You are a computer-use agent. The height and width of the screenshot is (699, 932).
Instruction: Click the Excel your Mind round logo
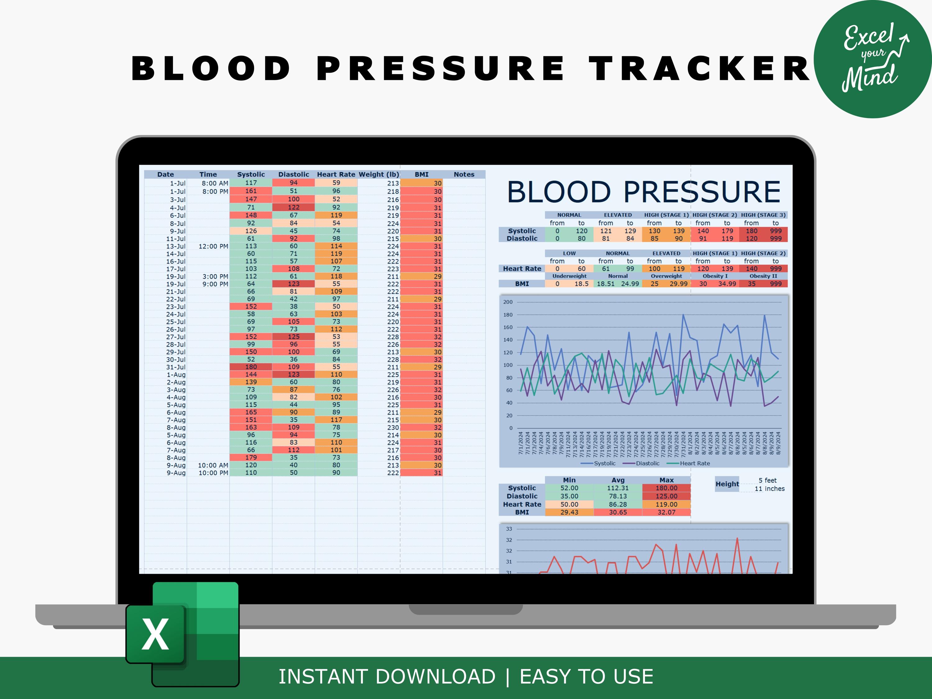pos(872,59)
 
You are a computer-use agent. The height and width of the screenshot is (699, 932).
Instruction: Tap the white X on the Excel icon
pos(155,634)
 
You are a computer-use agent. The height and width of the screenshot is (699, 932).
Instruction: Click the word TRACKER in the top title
pos(699,68)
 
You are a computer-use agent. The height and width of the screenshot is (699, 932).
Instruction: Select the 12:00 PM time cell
pos(213,246)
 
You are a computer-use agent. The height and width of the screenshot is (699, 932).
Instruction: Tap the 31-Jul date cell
pos(176,367)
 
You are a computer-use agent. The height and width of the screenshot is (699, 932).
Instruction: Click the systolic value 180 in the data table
pos(251,367)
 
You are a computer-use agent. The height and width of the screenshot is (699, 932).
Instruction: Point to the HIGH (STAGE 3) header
pos(763,215)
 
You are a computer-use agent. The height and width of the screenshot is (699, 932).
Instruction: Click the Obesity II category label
pos(763,276)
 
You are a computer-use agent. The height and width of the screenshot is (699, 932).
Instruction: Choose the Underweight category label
pos(569,276)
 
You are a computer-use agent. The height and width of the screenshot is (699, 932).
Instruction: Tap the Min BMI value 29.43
pos(569,512)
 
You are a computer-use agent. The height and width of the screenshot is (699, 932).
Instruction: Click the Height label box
pos(727,484)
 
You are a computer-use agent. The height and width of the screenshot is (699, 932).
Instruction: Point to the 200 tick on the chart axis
pos(508,302)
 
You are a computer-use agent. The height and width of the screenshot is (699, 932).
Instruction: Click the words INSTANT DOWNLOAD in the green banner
pos(387,677)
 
